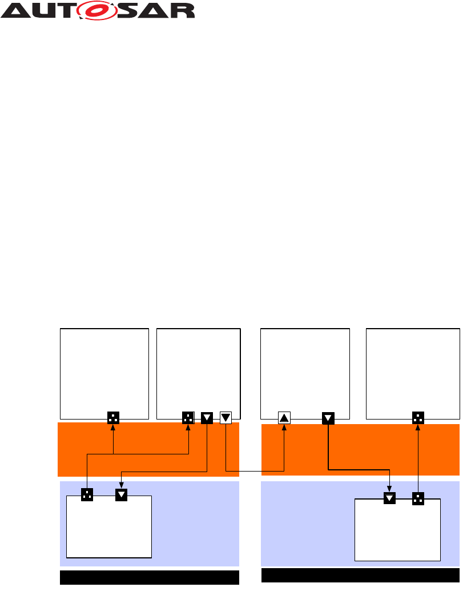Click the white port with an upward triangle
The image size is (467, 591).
point(284,418)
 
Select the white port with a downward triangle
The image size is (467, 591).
point(226,418)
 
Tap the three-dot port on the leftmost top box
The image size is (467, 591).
point(113,418)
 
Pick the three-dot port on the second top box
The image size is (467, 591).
point(188,418)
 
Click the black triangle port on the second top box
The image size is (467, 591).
point(207,418)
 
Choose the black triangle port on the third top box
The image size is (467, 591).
point(328,418)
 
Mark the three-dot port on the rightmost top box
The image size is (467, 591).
point(418,418)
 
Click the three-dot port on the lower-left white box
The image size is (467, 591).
point(87,495)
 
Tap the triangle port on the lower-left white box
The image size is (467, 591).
point(122,495)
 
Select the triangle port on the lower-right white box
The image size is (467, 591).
point(389,498)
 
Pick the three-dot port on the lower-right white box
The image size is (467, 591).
point(418,498)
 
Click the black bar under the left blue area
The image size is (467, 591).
point(149,577)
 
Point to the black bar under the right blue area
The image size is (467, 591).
point(360,575)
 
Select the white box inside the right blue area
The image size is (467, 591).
point(397,532)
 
